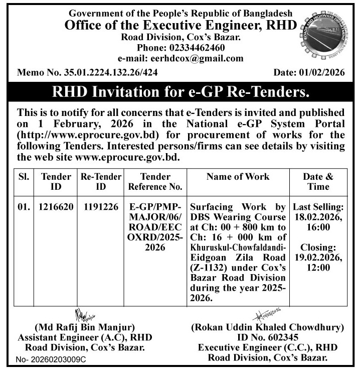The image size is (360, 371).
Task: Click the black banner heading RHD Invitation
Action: [180, 92]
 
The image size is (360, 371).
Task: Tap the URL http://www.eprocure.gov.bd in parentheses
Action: [88, 135]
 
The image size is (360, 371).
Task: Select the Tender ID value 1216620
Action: [56, 207]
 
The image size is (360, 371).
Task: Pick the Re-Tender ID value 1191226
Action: [101, 207]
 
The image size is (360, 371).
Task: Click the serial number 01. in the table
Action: [24, 207]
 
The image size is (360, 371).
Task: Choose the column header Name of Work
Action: [238, 177]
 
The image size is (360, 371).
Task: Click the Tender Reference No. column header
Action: [155, 182]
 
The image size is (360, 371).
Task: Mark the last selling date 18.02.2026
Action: [318, 216]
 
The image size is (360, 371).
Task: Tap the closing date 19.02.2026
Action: [318, 258]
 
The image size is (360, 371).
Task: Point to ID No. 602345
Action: [267, 337]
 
